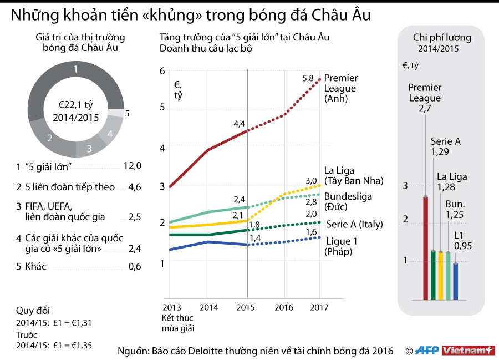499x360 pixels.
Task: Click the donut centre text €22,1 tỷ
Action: [x=75, y=104]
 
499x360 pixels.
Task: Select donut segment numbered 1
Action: [x=75, y=69]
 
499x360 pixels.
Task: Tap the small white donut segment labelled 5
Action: [x=115, y=113]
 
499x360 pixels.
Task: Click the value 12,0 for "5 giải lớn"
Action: [x=132, y=166]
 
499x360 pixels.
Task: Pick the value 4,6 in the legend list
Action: [x=134, y=187]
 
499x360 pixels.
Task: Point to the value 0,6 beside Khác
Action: [x=134, y=267]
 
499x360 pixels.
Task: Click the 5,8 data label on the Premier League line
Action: [x=308, y=79]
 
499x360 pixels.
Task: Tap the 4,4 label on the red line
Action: [x=239, y=124]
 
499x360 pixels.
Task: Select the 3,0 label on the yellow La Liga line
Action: [x=311, y=181]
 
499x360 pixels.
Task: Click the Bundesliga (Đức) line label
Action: [x=348, y=201]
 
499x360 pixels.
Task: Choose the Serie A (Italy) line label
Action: [x=354, y=224]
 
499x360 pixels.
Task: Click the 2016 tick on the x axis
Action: [x=284, y=307]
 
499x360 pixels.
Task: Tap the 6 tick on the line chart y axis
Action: [x=162, y=70]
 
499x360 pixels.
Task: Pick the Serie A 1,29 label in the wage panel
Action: [x=445, y=146]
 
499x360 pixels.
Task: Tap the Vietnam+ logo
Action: [x=471, y=351]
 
